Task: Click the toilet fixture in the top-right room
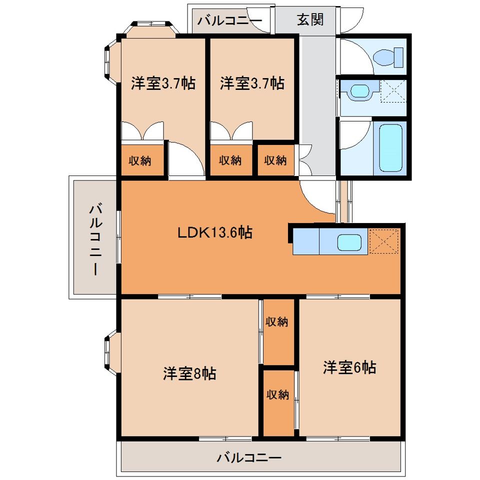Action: [390, 56]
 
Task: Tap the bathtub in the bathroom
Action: [390, 147]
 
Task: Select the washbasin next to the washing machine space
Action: [358, 91]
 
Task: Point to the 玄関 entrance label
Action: [310, 20]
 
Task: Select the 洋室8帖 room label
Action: [189, 373]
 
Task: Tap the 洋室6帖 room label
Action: [349, 367]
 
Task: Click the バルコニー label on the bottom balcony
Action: [249, 457]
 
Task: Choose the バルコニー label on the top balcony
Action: [229, 21]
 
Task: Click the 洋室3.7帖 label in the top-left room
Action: [163, 83]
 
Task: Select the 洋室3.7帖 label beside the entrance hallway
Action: [252, 83]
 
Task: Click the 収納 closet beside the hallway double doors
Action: [275, 160]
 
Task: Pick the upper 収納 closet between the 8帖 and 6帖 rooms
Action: [277, 322]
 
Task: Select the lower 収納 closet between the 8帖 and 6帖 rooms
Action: [277, 394]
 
